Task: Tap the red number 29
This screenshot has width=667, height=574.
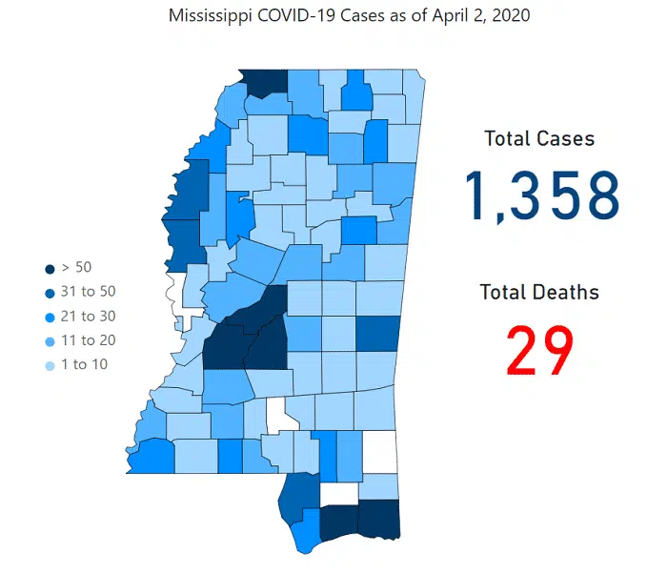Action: [539, 351]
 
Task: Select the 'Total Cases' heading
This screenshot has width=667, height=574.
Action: [539, 139]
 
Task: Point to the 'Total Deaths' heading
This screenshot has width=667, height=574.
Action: [539, 292]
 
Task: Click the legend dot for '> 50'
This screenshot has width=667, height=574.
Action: [49, 268]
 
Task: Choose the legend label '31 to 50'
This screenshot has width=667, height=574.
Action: [88, 292]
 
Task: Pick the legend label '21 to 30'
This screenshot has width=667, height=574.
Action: [88, 316]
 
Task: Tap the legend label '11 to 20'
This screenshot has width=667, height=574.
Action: [88, 340]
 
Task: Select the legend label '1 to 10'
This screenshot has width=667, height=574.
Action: [84, 364]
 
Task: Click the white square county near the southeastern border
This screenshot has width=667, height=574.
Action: [380, 451]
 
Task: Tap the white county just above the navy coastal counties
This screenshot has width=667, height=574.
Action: [339, 493]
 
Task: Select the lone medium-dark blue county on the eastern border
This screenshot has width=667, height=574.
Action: [376, 334]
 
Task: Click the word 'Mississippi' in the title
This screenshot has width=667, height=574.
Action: [209, 17]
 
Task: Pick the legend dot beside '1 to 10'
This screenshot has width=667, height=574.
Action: [49, 364]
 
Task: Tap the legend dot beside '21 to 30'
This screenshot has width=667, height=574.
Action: [49, 316]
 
